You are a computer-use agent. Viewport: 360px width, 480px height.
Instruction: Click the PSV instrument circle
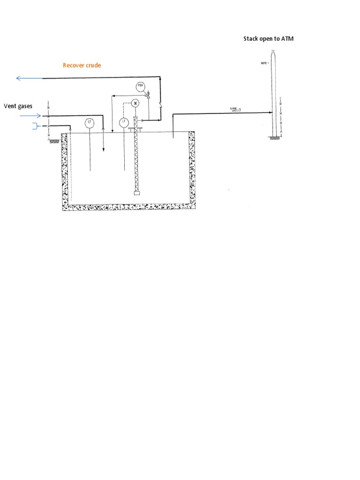[x=140, y=86]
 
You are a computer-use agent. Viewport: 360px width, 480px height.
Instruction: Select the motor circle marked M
[x=135, y=103]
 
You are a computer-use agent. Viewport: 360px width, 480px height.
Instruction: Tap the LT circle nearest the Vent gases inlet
[x=90, y=122]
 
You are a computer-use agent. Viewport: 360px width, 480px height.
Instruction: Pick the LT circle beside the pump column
[x=124, y=122]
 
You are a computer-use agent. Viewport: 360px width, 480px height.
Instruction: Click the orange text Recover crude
[x=82, y=65]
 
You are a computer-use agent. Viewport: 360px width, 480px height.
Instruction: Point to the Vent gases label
[x=18, y=106]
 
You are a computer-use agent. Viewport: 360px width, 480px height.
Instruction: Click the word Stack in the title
[x=250, y=38]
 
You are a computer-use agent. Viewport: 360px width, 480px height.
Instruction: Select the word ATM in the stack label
[x=287, y=38]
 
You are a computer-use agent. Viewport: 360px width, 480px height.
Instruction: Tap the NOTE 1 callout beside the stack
[x=264, y=63]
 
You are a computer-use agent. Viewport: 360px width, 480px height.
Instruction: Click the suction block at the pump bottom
[x=136, y=193]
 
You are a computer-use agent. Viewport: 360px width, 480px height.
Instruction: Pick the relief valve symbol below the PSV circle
[x=147, y=96]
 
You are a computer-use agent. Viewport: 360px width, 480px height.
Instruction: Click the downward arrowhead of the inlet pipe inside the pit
[x=103, y=150]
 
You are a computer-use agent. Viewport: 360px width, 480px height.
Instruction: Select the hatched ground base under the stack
[x=274, y=137]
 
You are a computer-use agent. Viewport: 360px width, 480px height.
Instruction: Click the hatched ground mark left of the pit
[x=54, y=140]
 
